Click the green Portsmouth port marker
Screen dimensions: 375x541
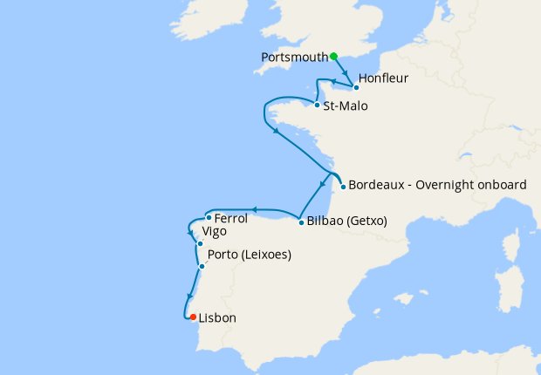[x=333, y=57]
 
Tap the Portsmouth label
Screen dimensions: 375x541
[x=294, y=58]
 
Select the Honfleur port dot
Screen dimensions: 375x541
[x=356, y=88]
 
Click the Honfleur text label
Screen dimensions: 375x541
[x=383, y=78]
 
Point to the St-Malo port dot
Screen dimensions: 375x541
[x=316, y=106]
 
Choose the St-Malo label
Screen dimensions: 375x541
[x=345, y=106]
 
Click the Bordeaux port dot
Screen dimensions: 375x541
[x=343, y=187]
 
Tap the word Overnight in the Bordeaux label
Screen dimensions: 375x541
[x=445, y=185]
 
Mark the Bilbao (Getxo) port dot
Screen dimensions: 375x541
[x=301, y=222]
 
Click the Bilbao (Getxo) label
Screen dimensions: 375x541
[x=346, y=222]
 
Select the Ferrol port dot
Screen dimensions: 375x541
[x=209, y=218]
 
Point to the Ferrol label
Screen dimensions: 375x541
[x=231, y=218]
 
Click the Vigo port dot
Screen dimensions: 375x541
[x=200, y=244]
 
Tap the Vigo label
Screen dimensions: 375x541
[x=215, y=232]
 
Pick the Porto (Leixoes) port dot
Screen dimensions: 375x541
[x=202, y=266]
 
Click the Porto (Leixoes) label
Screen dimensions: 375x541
[x=250, y=256]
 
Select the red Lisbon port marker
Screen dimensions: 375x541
[x=193, y=317]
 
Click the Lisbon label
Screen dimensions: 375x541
[x=217, y=318]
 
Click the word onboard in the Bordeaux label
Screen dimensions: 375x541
[x=501, y=185]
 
